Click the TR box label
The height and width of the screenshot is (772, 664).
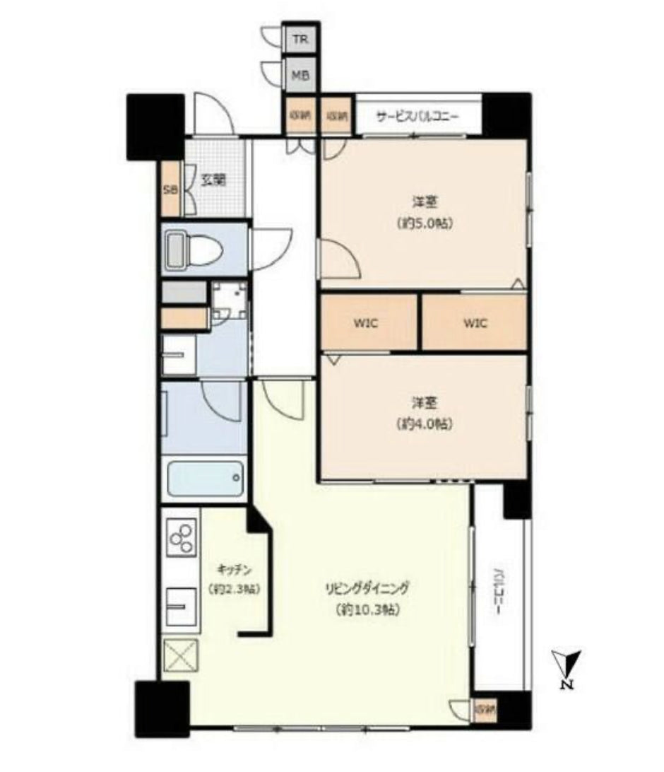pos(300,40)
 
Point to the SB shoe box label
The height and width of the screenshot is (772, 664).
pos(170,189)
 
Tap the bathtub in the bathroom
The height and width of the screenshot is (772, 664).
pos(205,479)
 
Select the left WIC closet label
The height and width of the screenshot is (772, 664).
pos(367,324)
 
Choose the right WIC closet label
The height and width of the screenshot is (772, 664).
pos(475,324)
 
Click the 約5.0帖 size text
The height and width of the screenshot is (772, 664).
pos(424,223)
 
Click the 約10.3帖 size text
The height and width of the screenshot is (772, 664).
pos(367,609)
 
